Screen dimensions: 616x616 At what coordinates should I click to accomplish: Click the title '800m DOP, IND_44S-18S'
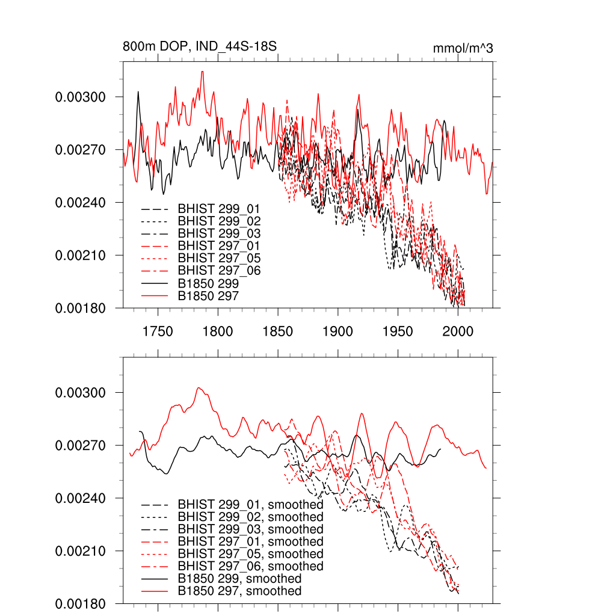point(200,48)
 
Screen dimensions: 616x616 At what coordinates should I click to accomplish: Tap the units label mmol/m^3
point(463,48)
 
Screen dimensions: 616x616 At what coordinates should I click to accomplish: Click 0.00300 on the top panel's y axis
point(81,97)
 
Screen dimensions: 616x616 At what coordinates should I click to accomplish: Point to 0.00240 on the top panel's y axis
point(81,203)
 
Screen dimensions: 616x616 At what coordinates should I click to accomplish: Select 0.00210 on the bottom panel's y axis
point(81,551)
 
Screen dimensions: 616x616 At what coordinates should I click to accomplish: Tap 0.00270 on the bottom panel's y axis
point(81,446)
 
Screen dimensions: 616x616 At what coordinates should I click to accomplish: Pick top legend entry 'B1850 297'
point(208,296)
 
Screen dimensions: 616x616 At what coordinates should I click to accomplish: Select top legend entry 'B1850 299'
point(208,283)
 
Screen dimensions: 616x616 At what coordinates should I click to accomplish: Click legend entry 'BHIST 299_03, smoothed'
point(250,529)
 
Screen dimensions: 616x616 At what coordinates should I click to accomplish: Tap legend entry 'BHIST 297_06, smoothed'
point(250,567)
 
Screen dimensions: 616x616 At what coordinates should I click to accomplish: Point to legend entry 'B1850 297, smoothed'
point(239,591)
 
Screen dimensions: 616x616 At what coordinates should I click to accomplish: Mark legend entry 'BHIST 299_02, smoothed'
point(250,517)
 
